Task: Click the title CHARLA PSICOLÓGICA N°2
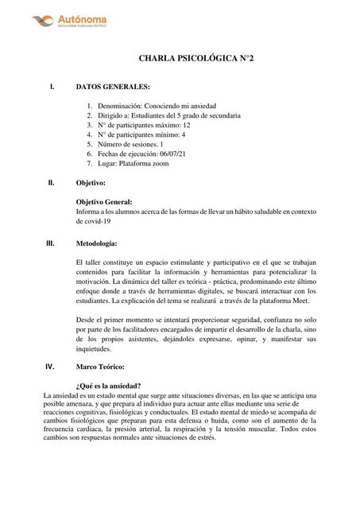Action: (191, 59)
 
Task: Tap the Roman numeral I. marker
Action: (52, 86)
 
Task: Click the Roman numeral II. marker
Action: (52, 182)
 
